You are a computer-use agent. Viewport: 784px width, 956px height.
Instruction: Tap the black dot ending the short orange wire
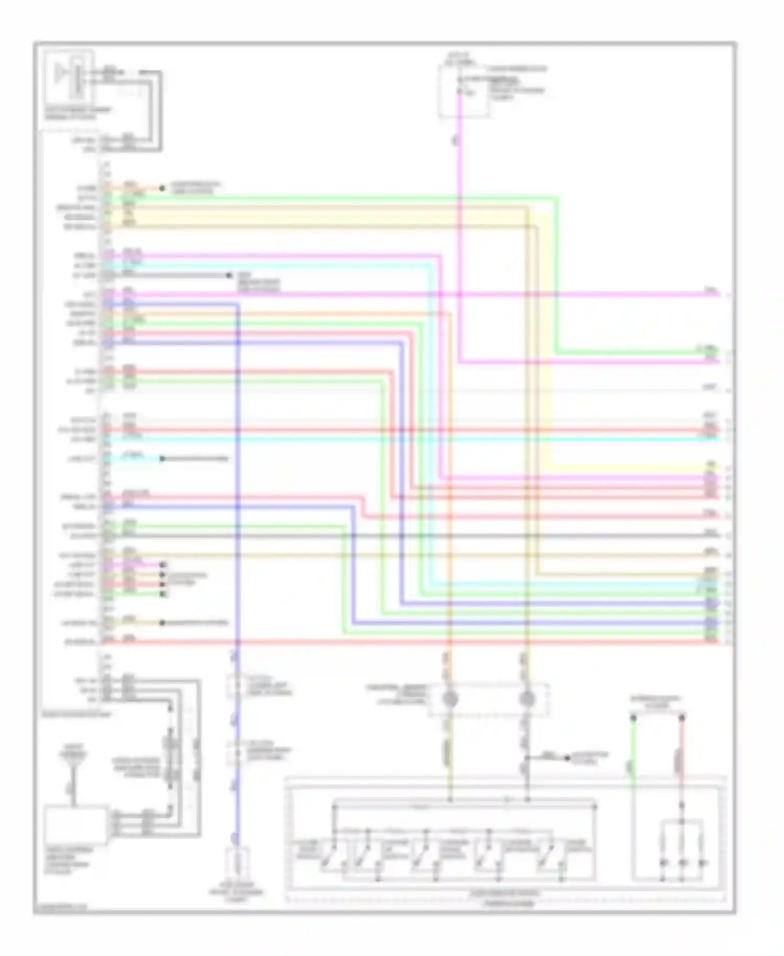162,188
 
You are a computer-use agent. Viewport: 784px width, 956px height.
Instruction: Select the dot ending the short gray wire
229,275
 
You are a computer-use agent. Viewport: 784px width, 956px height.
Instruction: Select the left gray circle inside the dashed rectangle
451,699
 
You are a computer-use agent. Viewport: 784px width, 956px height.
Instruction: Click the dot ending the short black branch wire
567,757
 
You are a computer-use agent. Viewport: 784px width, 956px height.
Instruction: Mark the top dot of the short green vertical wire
633,718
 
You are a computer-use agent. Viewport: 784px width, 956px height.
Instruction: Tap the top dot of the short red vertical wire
682,718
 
